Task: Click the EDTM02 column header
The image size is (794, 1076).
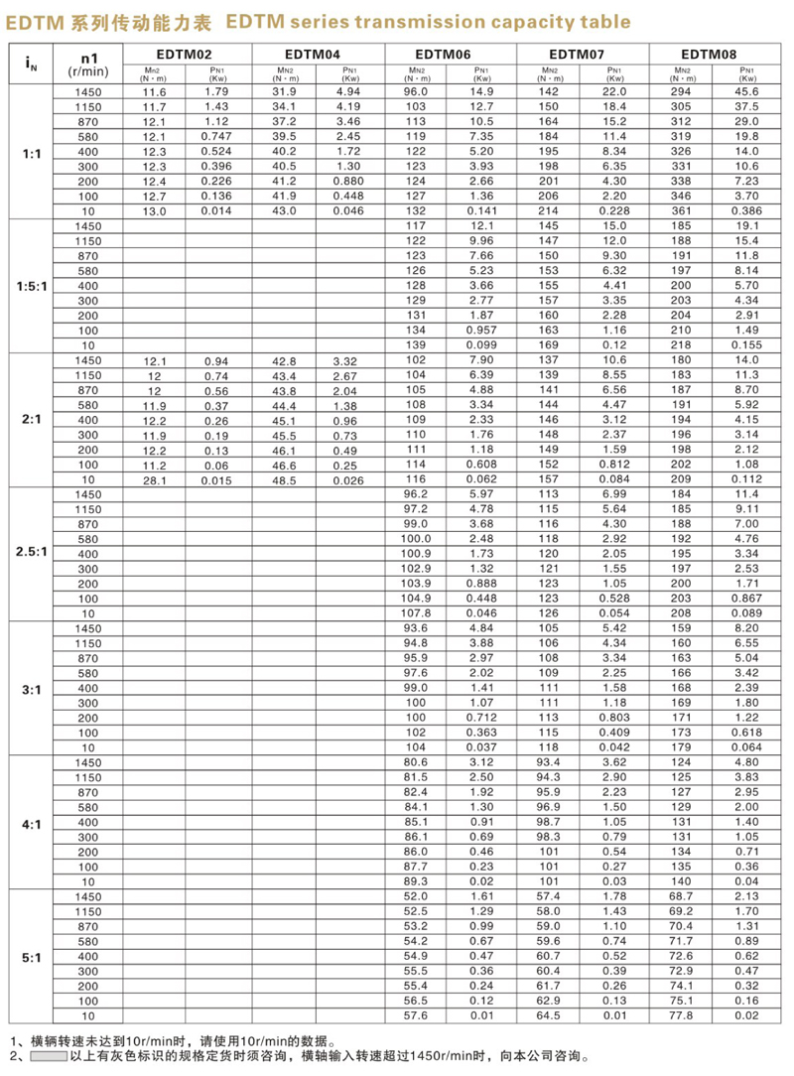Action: click(x=189, y=55)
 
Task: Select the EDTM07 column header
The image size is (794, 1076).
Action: click(x=584, y=55)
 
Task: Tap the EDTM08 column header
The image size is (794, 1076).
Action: click(x=715, y=55)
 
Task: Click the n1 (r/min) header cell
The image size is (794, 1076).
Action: click(x=88, y=64)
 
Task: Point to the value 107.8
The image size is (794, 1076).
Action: click(x=416, y=612)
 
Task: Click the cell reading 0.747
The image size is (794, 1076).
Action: click(x=218, y=135)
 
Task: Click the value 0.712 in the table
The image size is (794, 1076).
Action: click(x=482, y=717)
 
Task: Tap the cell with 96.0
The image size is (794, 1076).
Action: click(x=416, y=91)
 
